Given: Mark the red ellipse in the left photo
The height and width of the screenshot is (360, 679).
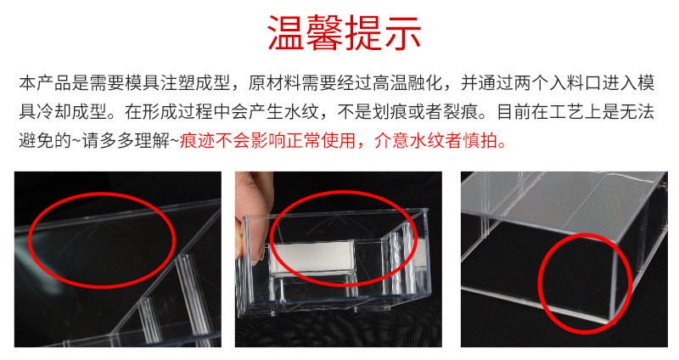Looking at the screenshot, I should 102,233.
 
